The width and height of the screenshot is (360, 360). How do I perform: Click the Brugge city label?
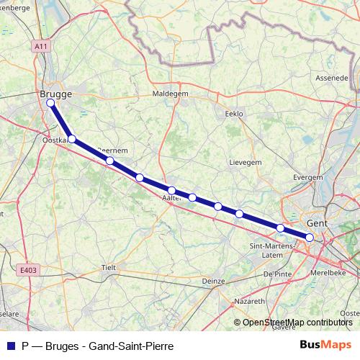point(55,94)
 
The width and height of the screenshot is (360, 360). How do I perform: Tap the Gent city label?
point(317,223)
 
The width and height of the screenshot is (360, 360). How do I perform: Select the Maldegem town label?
point(170,94)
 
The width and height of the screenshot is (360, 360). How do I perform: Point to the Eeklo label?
point(235,114)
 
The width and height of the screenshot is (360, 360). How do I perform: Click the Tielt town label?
point(109,266)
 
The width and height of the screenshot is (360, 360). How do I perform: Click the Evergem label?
point(308,176)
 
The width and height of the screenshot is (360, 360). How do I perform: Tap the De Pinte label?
point(276,274)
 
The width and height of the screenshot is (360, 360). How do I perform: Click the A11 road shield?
point(41,45)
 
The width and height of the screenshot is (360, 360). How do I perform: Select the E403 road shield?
point(27,271)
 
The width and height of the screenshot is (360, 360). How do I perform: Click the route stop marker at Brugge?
point(51,103)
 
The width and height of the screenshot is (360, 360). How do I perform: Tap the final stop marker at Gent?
point(310,237)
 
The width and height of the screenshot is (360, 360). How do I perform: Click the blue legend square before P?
point(11,346)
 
